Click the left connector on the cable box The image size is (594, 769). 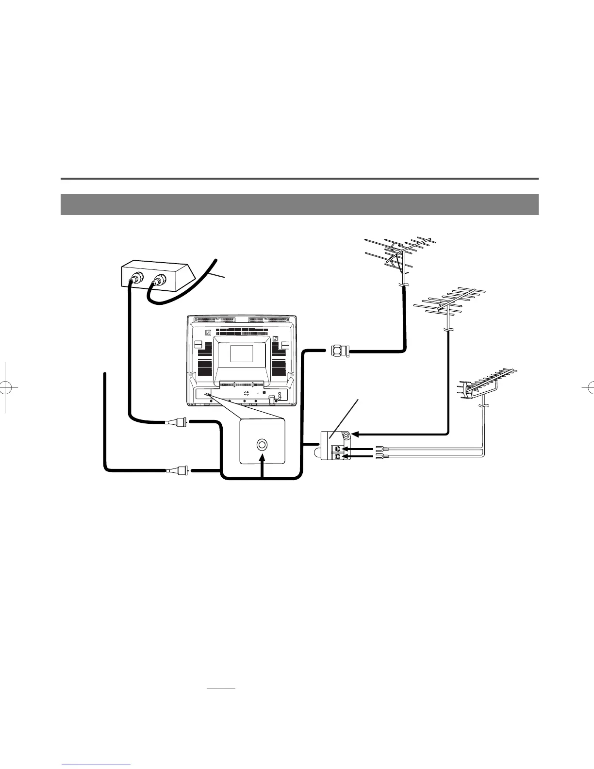click(x=136, y=280)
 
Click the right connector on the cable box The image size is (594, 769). click(x=159, y=280)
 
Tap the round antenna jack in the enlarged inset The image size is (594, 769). click(x=262, y=444)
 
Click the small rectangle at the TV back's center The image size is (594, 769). click(x=241, y=353)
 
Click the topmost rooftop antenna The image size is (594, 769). click(x=401, y=252)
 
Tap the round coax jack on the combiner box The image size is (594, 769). click(x=346, y=436)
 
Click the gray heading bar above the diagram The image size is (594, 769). click(x=299, y=204)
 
